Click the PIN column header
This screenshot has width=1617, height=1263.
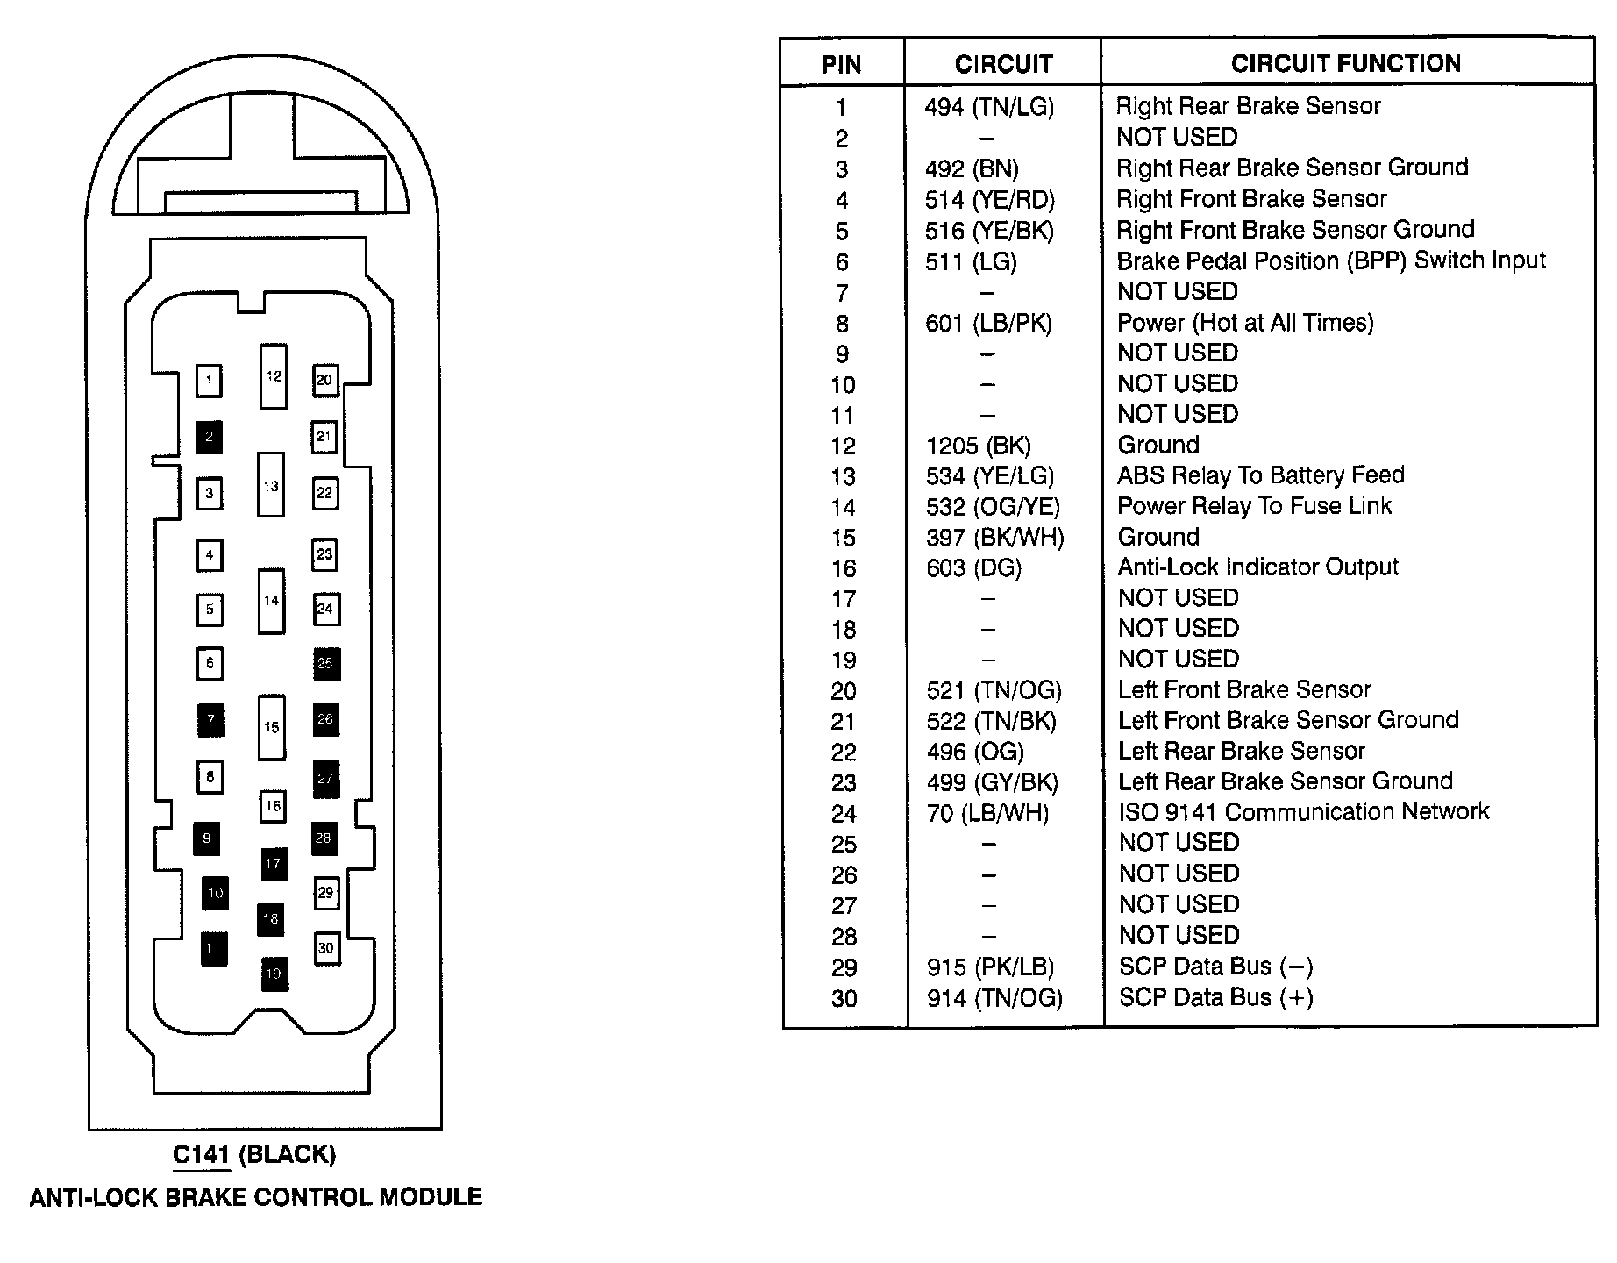(x=841, y=64)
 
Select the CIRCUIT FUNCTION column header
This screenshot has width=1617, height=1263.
(x=1345, y=63)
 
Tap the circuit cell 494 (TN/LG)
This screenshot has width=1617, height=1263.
(x=989, y=107)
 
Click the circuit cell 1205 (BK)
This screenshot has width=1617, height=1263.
(x=978, y=446)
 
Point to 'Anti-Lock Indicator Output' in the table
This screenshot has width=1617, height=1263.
(x=1257, y=567)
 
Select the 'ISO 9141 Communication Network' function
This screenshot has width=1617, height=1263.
(x=1303, y=812)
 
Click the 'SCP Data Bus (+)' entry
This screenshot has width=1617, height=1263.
(x=1215, y=997)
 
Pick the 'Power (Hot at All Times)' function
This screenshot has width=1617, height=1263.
(x=1244, y=323)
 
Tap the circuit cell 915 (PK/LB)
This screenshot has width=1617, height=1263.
(x=990, y=967)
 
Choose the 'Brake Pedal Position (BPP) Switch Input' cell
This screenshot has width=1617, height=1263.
(x=1330, y=260)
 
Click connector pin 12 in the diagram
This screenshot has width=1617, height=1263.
(x=274, y=376)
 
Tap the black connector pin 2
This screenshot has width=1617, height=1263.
(x=209, y=436)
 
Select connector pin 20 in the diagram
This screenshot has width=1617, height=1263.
(x=324, y=380)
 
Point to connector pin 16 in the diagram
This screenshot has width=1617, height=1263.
(x=273, y=806)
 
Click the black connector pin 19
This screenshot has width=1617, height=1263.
(x=274, y=974)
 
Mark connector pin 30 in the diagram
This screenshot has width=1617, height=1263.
(x=326, y=948)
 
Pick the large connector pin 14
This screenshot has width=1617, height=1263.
(x=271, y=601)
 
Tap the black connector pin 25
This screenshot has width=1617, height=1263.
(x=325, y=664)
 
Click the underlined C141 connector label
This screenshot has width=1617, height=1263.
(x=201, y=1154)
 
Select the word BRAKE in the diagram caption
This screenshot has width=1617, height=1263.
(x=209, y=1197)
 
